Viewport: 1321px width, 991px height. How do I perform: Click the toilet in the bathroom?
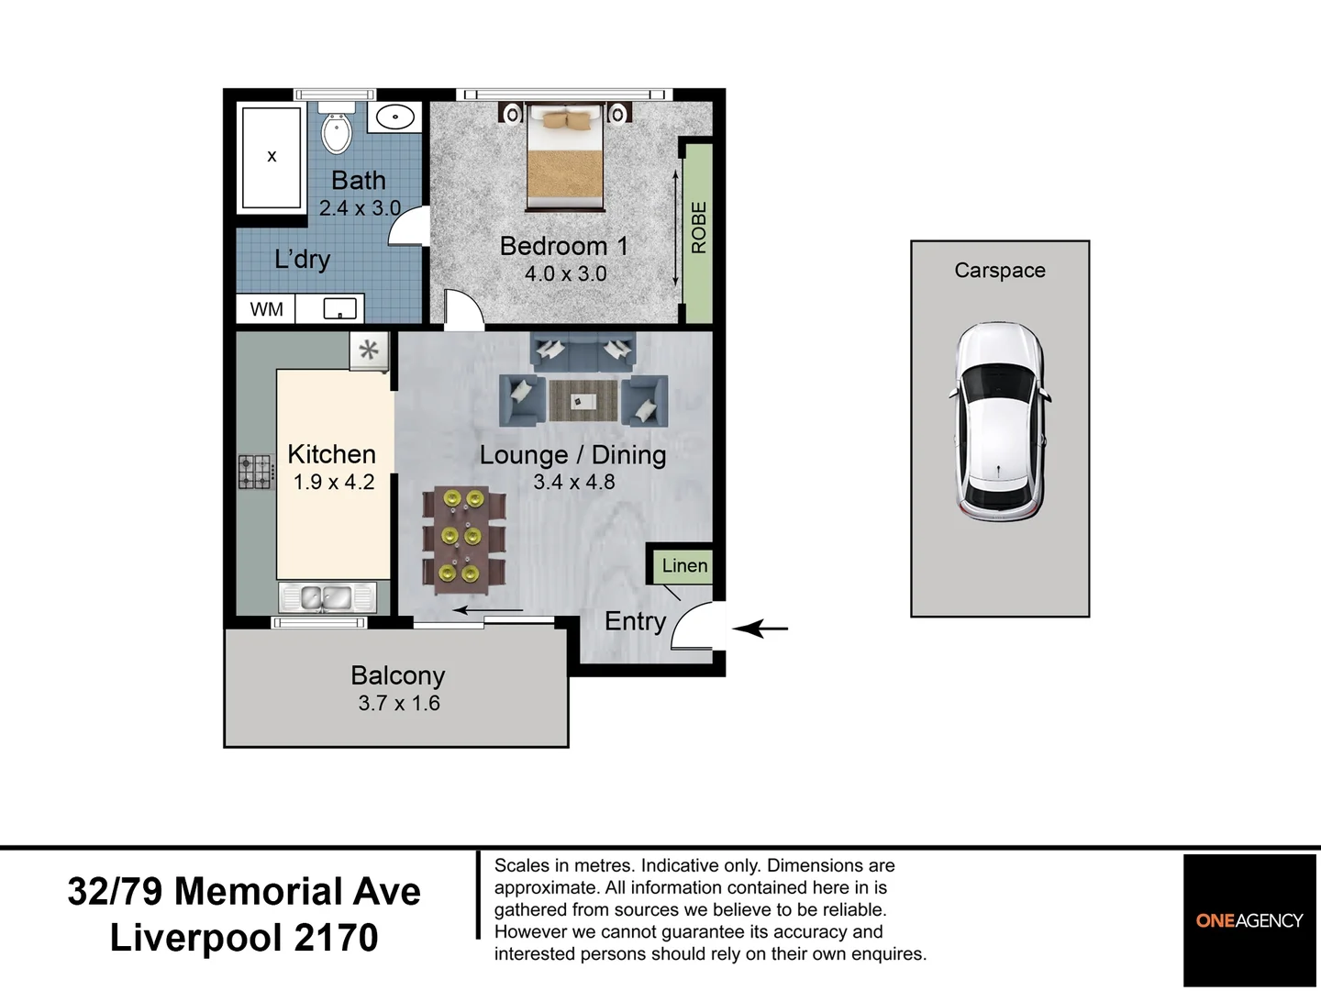(337, 128)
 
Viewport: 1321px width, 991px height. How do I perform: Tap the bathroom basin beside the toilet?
(394, 117)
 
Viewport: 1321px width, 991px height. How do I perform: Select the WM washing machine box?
(266, 309)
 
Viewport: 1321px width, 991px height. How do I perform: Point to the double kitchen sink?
(327, 596)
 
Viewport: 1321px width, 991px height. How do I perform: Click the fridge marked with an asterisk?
(369, 351)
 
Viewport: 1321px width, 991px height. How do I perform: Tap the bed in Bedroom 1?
(565, 158)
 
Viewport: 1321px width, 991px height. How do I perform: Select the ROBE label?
(699, 228)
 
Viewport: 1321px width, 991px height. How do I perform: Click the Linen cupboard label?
(685, 565)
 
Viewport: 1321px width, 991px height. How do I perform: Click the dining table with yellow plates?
(463, 540)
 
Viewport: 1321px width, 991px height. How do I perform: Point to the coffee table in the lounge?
(583, 401)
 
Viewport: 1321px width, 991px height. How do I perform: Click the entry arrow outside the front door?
(760, 629)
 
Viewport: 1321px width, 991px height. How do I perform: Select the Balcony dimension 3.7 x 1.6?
(399, 703)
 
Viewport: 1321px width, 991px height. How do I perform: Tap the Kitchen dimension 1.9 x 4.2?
(333, 482)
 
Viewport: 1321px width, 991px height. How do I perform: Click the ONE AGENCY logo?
(1249, 920)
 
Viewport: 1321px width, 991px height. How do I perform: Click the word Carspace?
(1000, 271)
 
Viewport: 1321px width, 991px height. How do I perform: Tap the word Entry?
(635, 622)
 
